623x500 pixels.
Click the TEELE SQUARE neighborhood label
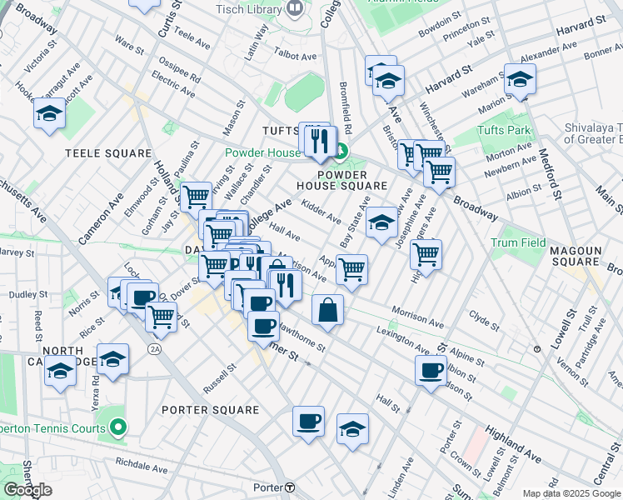pyautogui.click(x=108, y=153)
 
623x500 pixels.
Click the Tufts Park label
pyautogui.click(x=504, y=131)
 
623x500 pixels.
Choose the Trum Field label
pyautogui.click(x=518, y=242)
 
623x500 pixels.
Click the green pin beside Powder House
pyautogui.click(x=341, y=151)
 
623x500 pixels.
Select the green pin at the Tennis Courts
pyautogui.click(x=118, y=428)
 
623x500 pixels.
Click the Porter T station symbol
pyautogui.click(x=289, y=487)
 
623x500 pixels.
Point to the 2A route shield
pyautogui.click(x=154, y=347)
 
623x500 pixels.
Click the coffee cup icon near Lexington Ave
pyautogui.click(x=431, y=369)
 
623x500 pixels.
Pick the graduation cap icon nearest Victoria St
pyautogui.click(x=49, y=113)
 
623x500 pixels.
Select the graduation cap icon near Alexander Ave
pyautogui.click(x=520, y=79)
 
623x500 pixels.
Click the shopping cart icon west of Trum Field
pyautogui.click(x=426, y=253)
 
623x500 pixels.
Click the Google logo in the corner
pyautogui.click(x=27, y=490)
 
